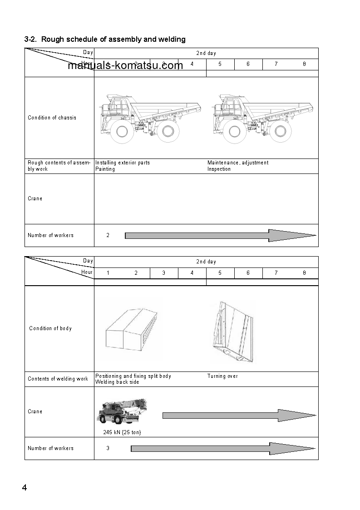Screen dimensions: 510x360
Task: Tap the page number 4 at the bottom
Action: (25, 488)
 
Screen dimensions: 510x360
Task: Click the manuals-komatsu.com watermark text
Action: (125, 65)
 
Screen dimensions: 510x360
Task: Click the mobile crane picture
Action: (121, 411)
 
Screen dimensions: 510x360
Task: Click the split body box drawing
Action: (131, 328)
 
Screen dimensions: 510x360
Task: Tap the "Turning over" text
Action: (222, 376)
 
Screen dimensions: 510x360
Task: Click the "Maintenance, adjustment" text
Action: (238, 163)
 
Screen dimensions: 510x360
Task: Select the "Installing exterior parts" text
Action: (123, 163)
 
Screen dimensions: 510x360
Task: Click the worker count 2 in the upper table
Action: (108, 235)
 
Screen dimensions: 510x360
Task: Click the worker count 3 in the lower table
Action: (108, 448)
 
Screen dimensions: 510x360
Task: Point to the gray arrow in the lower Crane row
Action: (239, 415)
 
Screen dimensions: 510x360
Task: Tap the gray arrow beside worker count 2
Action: (220, 235)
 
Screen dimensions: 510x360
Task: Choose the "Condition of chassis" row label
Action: (52, 118)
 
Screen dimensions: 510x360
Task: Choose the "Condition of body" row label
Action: (50, 328)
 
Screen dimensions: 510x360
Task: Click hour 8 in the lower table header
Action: (304, 273)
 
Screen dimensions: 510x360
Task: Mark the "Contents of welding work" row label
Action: (58, 379)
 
